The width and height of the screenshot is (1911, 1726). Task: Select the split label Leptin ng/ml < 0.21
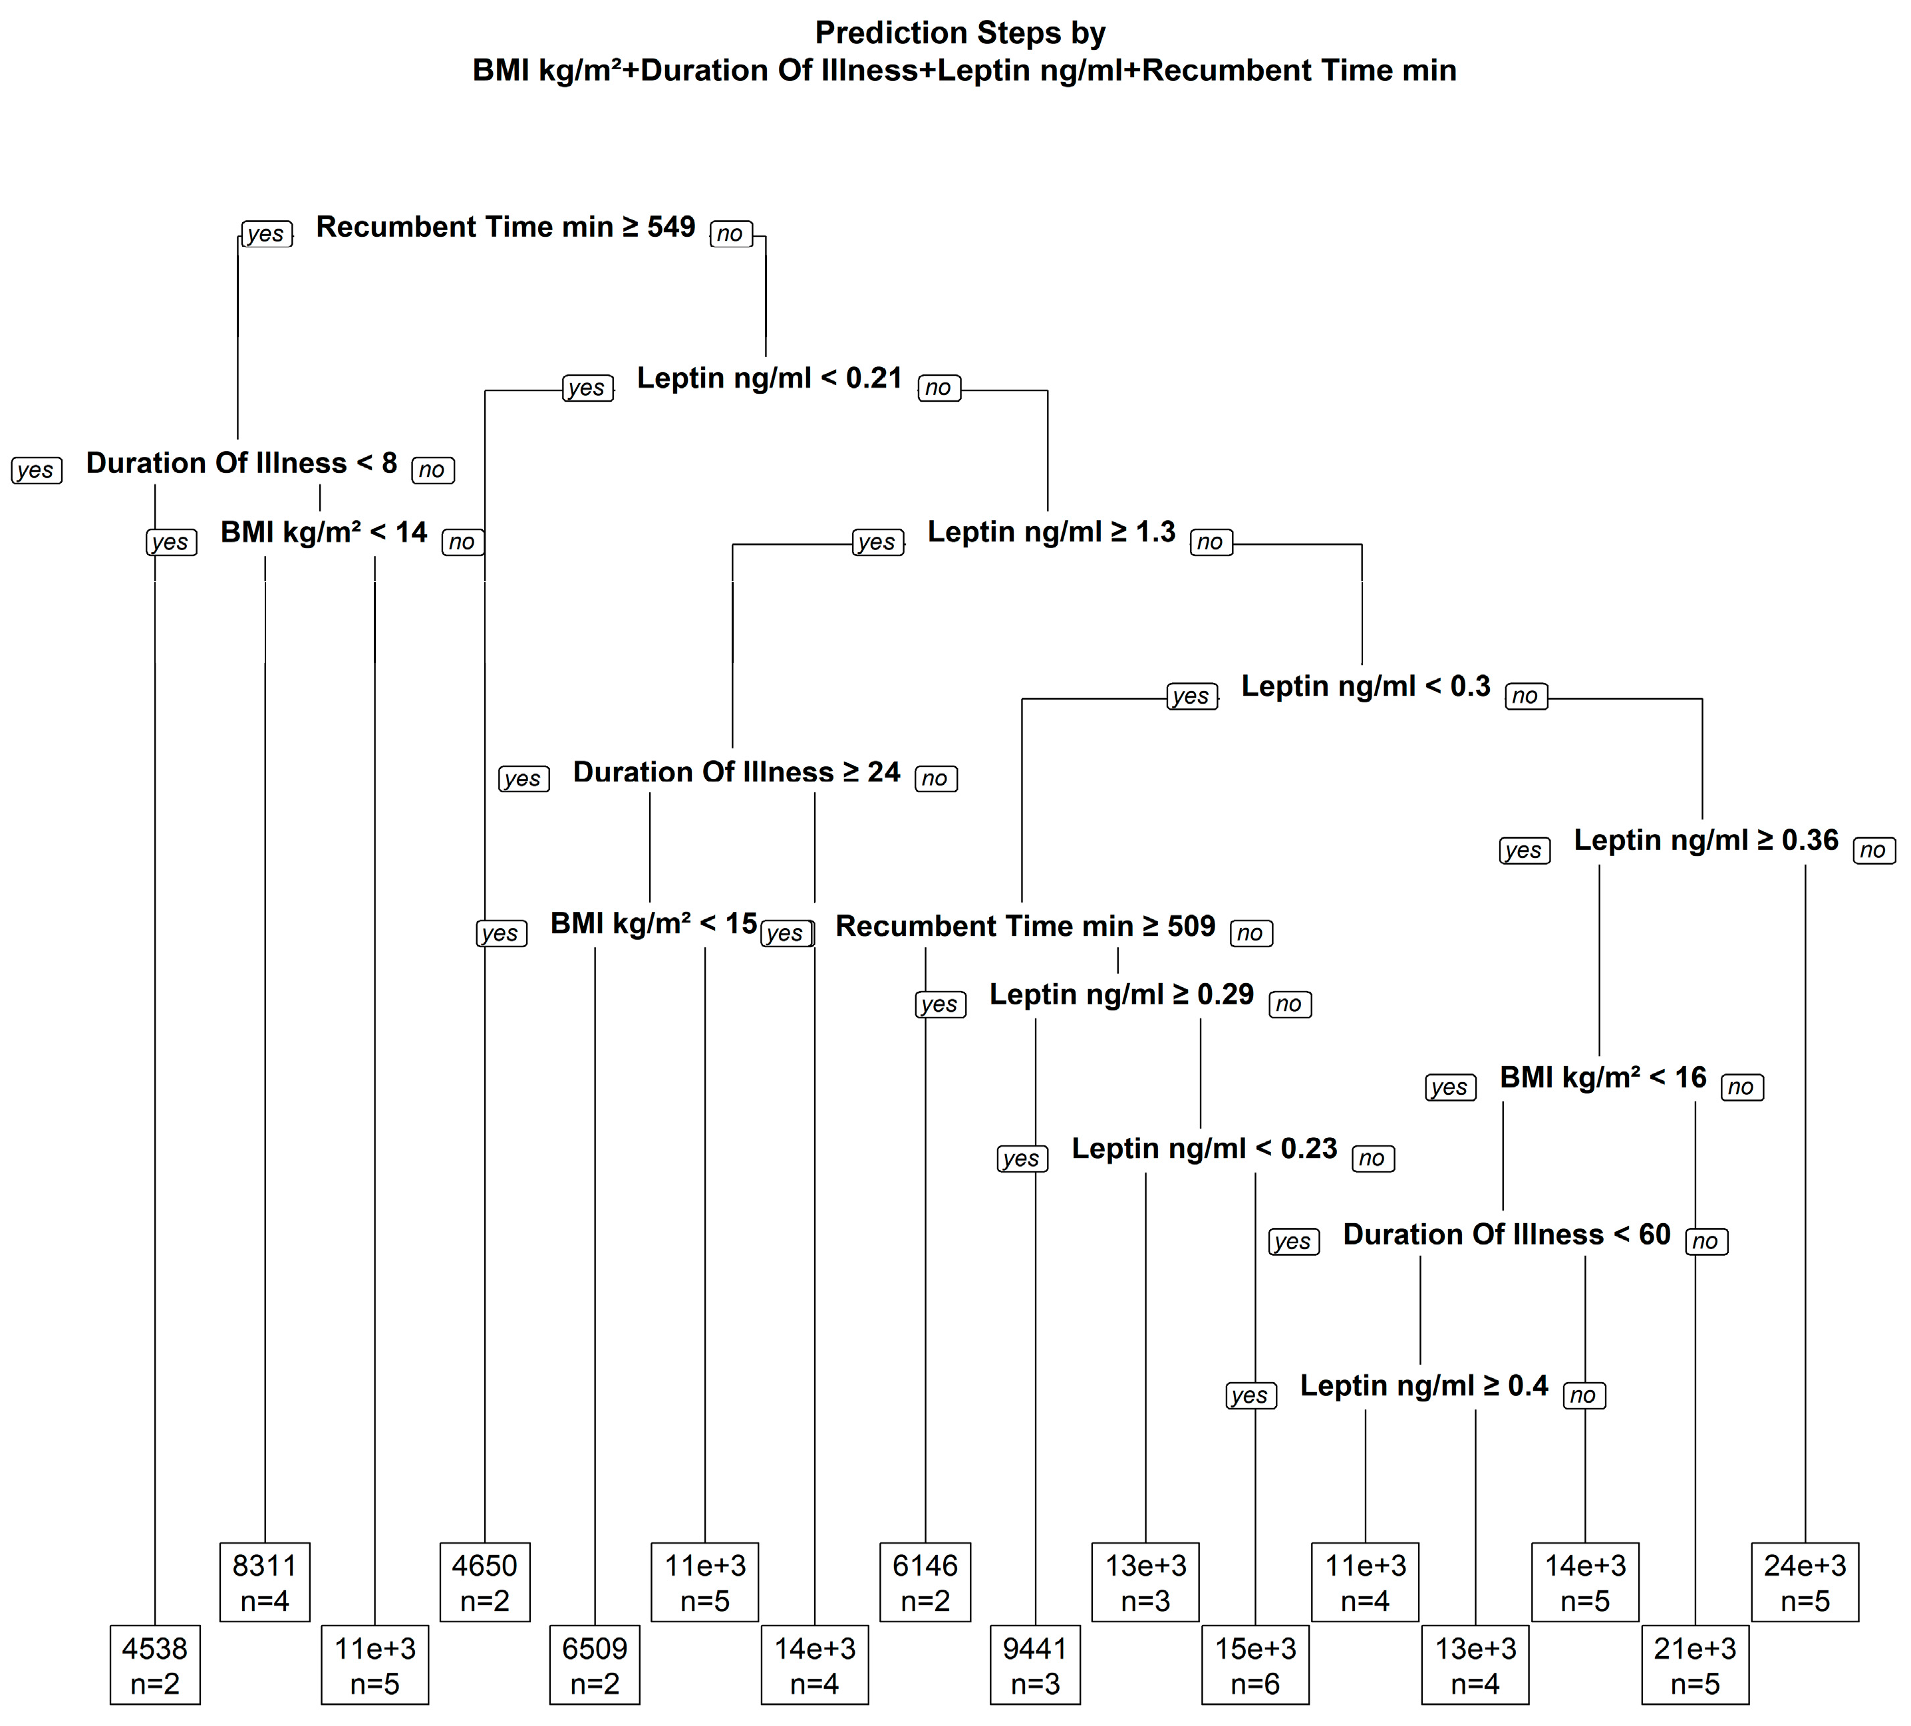[x=769, y=378]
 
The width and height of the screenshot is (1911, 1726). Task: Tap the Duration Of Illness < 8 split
[x=241, y=464]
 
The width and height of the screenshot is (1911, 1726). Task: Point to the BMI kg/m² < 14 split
[x=323, y=533]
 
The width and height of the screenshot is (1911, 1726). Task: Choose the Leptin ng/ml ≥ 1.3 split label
[x=1050, y=533]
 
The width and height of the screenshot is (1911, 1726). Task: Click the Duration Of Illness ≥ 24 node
[x=736, y=772]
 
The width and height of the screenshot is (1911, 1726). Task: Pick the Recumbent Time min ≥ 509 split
[x=1025, y=926]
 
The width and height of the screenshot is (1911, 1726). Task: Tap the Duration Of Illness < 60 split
[x=1506, y=1234]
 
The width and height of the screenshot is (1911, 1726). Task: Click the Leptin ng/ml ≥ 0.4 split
[x=1423, y=1385]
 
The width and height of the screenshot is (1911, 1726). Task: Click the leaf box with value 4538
[x=154, y=1665]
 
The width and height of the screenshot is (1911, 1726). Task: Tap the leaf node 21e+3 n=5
[x=1694, y=1665]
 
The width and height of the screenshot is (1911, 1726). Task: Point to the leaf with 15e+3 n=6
[x=1255, y=1665]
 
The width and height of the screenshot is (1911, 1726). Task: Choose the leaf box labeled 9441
[x=1034, y=1665]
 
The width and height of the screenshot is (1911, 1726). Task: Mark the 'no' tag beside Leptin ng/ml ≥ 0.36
[x=1872, y=850]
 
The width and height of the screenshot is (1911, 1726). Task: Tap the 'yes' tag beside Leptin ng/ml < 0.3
[x=1191, y=696]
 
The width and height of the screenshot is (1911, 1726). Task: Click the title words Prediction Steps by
[x=959, y=33]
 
